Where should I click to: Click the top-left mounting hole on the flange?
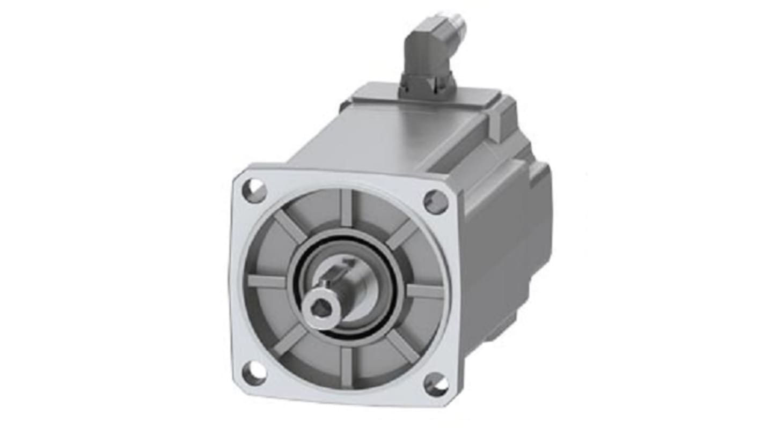tap(254, 190)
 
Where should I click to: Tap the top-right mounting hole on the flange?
tap(436, 202)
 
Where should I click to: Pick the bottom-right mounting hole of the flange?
tap(436, 385)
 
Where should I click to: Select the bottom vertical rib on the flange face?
tap(347, 367)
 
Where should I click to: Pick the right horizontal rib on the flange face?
tap(426, 292)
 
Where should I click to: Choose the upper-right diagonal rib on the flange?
tap(402, 234)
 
